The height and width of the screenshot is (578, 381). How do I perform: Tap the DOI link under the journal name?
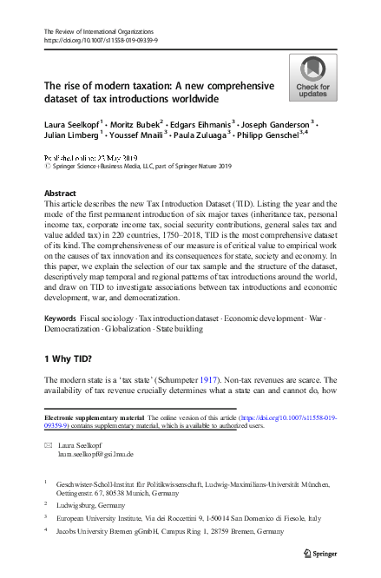(97, 40)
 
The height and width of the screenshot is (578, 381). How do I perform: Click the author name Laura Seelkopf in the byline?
(73, 125)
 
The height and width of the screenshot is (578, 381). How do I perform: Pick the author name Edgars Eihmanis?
(203, 125)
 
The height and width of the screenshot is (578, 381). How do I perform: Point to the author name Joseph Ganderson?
(276, 125)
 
